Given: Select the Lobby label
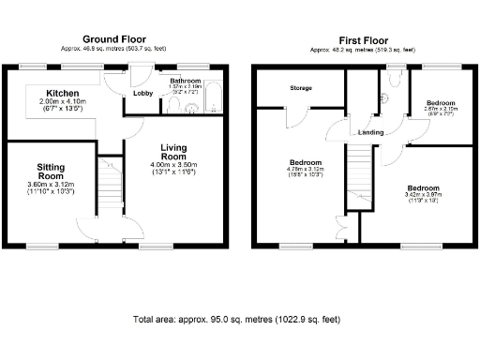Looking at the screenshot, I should [x=143, y=94].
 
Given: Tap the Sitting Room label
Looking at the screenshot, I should [x=51, y=172].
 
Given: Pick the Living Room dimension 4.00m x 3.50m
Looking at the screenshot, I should [x=173, y=166].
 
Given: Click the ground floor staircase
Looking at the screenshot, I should [x=112, y=183].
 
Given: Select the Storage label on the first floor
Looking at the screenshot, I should [x=300, y=88].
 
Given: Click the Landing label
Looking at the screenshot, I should [x=370, y=132].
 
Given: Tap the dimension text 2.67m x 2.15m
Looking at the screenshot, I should [x=441, y=108].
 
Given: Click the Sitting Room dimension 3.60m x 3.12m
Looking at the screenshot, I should [x=51, y=185].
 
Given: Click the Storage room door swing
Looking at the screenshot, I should [x=292, y=117].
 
